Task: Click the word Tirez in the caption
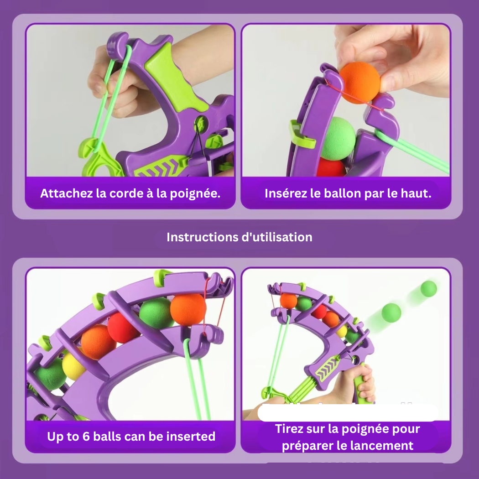(288, 429)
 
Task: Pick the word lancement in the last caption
(389, 445)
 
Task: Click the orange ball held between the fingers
(359, 83)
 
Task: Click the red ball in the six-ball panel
(122, 328)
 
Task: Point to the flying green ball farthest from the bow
(428, 289)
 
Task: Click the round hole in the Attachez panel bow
(200, 124)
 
